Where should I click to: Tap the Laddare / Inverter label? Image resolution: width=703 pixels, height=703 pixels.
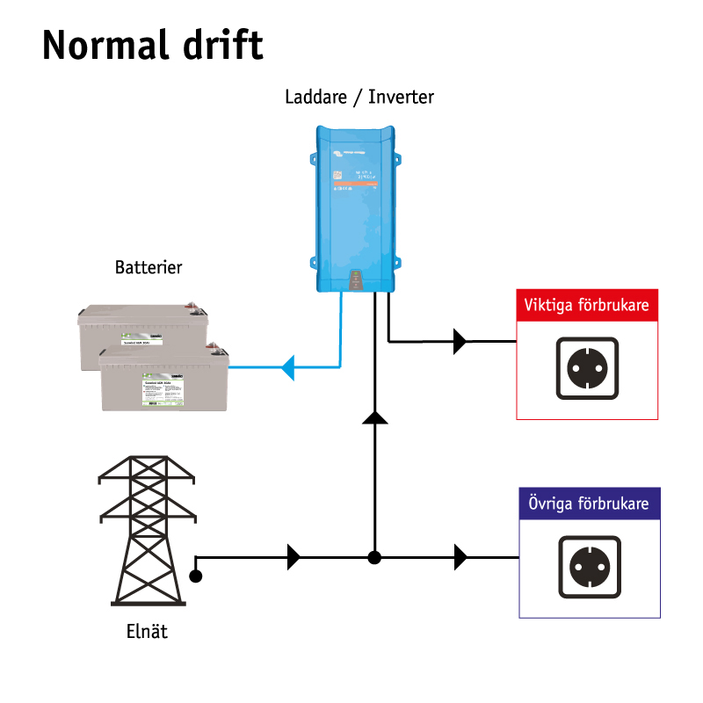359,97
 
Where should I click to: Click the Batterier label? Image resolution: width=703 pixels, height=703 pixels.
149,267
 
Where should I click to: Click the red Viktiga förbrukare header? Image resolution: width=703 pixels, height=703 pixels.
586,306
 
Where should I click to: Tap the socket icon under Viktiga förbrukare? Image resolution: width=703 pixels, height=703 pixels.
587,368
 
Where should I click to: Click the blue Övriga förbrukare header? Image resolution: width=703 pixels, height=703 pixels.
588,504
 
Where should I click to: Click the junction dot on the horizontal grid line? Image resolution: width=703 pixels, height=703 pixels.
374,557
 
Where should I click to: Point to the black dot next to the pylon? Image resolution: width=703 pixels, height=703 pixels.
196,577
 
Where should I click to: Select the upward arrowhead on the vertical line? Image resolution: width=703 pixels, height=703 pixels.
375,417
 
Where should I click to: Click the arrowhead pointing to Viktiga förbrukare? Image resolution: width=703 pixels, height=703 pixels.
460,341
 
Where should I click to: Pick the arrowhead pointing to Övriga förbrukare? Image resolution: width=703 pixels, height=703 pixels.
460,556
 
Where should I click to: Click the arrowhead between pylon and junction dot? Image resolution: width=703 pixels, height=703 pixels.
294,556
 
